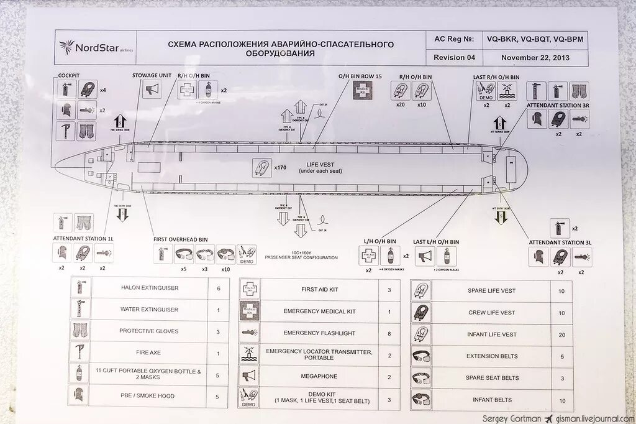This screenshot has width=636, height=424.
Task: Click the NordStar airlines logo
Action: click(96, 47)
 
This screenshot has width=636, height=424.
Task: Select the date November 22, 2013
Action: click(535, 57)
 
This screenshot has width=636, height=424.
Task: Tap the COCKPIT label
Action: click(68, 75)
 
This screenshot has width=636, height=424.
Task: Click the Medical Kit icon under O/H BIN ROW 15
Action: click(363, 91)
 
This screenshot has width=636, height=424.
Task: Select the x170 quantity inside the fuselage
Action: click(278, 167)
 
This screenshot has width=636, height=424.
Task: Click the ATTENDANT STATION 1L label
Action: click(83, 239)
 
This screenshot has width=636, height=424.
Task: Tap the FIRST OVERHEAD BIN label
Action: click(180, 239)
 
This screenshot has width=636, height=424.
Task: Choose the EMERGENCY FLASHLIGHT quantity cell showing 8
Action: click(389, 333)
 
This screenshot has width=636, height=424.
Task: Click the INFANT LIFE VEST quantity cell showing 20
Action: click(561, 334)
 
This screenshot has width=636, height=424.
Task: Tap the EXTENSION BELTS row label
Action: click(491, 356)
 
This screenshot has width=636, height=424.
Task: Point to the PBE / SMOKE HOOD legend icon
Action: click(79, 395)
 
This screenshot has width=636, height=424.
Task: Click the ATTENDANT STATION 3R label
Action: click(556, 106)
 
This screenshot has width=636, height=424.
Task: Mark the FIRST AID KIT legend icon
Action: click(250, 289)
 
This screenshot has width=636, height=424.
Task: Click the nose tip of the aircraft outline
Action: click(55, 166)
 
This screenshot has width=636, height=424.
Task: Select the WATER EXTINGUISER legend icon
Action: click(79, 309)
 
